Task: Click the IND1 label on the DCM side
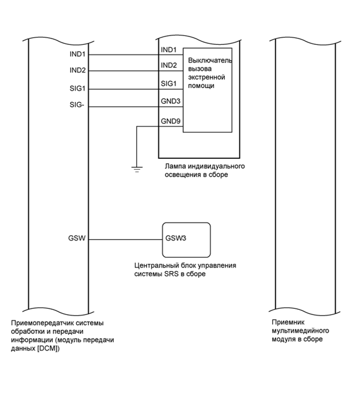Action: [x=78, y=54]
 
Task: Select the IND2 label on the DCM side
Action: [x=78, y=71]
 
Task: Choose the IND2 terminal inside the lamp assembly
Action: [x=169, y=65]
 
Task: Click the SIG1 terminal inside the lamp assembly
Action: [x=169, y=84]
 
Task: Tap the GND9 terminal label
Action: [x=170, y=121]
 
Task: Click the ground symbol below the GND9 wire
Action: [x=136, y=168]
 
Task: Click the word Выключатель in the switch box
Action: [x=210, y=61]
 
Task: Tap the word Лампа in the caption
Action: [x=175, y=167]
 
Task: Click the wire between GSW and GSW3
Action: [x=125, y=240]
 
